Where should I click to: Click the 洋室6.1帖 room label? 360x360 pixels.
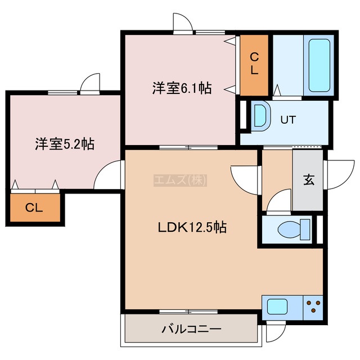[182, 88]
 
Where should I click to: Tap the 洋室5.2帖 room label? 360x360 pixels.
[65, 144]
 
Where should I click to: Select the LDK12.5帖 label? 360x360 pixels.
[192, 227]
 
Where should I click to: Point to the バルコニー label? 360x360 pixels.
[191, 329]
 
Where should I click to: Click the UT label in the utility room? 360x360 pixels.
[289, 120]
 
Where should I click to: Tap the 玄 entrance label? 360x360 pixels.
[309, 180]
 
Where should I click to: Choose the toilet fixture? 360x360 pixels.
[294, 229]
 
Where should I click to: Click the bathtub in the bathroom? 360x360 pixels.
[319, 65]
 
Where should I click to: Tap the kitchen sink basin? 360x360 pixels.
[277, 307]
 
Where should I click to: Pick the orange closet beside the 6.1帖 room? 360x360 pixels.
[254, 65]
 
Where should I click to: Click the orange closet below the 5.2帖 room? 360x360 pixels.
[35, 208]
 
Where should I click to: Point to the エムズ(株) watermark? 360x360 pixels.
[180, 180]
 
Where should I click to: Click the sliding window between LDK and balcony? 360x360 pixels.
[188, 312]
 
